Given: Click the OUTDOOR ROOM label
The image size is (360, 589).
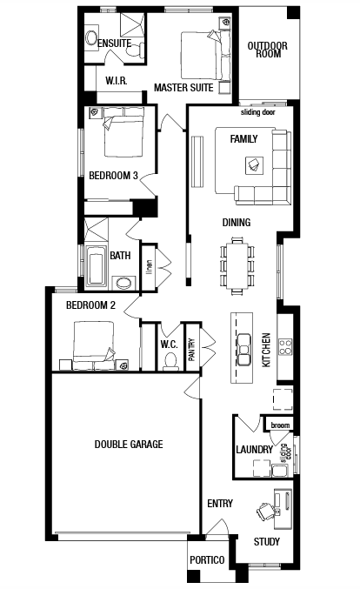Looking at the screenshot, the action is click(267, 50).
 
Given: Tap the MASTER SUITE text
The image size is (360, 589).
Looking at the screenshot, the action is click(183, 88).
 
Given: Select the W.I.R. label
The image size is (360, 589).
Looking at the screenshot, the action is click(117, 81).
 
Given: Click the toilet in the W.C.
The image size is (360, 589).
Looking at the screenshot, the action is click(170, 361).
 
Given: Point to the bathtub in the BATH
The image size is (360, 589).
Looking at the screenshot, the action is click(97, 265).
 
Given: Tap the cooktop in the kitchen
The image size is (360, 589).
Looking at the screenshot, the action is click(285, 347).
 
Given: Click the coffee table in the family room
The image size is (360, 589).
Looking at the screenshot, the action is click(254, 165).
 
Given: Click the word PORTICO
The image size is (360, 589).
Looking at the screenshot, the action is click(207, 560).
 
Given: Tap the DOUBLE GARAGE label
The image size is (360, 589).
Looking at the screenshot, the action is click(129, 445).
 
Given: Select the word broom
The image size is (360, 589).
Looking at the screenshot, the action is click(280, 425).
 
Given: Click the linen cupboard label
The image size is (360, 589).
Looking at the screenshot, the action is click(150, 267).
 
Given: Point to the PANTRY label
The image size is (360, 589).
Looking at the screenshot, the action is click(191, 350).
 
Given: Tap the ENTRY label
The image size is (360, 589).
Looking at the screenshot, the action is click(220, 504).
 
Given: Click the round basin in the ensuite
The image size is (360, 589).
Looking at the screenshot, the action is click(91, 37).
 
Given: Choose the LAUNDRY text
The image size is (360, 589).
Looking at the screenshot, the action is click(254, 449).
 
